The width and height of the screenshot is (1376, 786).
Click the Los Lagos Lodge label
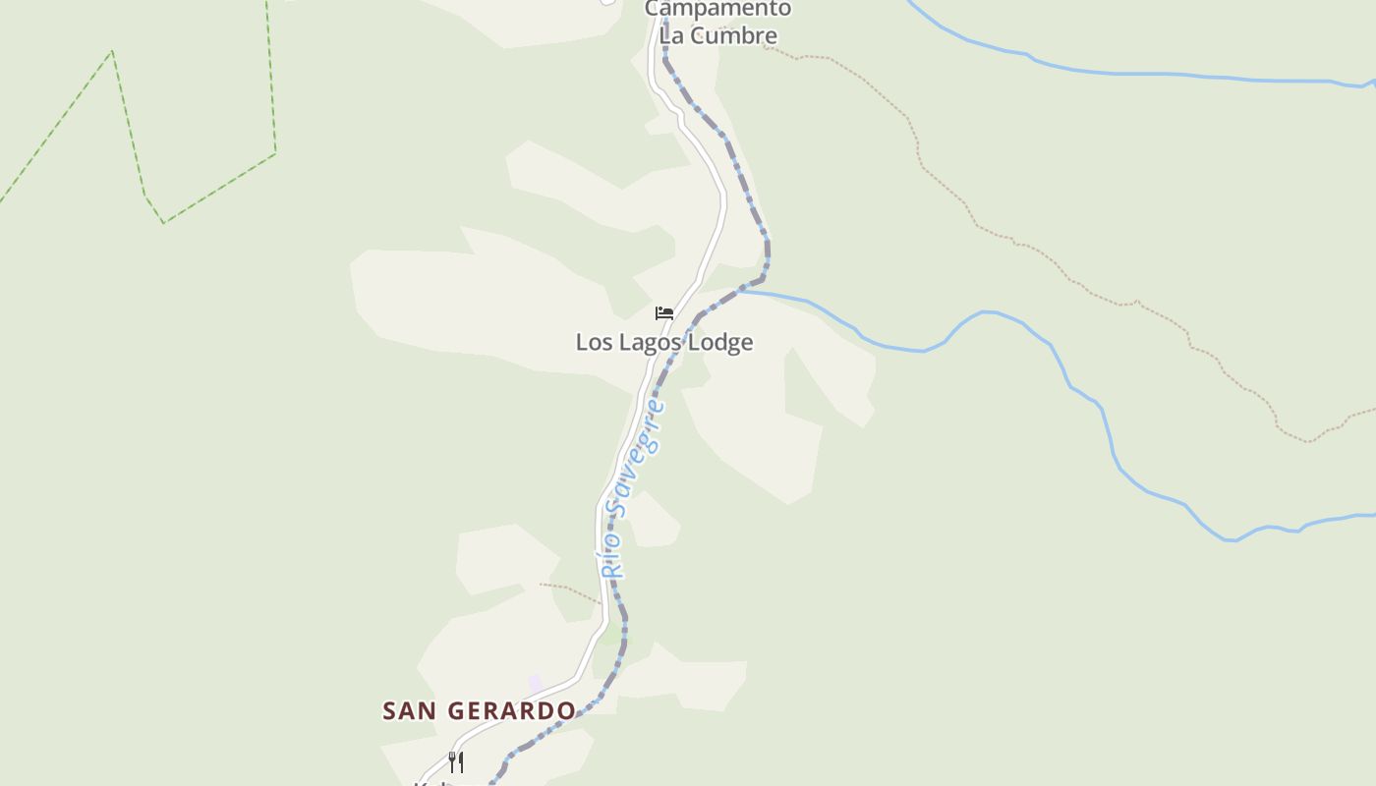point(664,342)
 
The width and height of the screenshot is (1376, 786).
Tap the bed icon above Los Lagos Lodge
point(664,313)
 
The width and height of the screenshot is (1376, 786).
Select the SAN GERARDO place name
point(479,710)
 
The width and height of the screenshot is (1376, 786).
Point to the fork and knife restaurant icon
point(456,761)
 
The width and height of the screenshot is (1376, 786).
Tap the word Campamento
point(717,9)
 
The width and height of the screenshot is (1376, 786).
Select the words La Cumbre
point(718,35)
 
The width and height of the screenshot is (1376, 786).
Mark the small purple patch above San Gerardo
point(535,682)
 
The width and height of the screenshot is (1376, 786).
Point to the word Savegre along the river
point(642,456)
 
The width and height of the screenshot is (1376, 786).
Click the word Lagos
point(649,342)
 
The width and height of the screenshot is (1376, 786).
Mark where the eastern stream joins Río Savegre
point(742,291)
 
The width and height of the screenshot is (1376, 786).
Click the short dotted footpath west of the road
point(569,591)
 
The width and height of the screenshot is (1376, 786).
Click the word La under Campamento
point(672,35)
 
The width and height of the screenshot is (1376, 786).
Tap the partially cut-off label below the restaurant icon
point(432,782)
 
